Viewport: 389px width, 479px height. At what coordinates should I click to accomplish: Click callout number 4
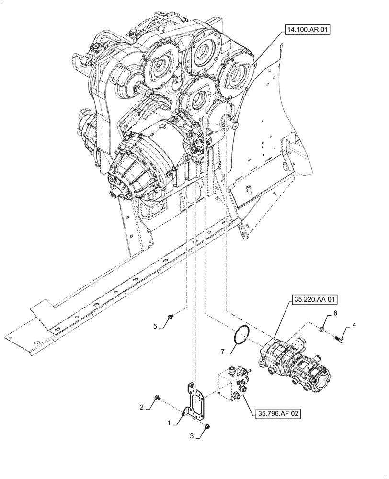coord(354,325)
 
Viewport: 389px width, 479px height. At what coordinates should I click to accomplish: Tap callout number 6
coord(335,313)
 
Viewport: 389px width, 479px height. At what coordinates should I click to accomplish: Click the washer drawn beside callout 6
coord(322,328)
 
